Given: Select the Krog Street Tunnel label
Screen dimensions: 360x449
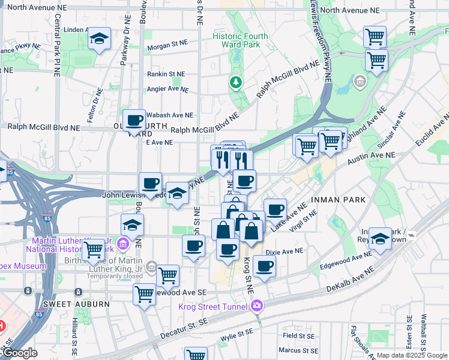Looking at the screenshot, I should [x=214, y=307].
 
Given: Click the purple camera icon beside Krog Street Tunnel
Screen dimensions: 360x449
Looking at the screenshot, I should [x=258, y=307].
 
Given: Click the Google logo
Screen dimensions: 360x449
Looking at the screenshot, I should [x=19, y=353].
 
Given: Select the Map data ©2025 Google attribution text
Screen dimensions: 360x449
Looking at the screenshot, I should [x=411, y=355].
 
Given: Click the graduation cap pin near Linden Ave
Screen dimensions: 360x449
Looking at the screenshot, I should [x=99, y=40].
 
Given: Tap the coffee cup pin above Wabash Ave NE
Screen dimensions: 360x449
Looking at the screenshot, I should [x=134, y=119].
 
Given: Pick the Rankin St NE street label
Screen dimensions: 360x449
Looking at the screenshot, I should [x=166, y=74].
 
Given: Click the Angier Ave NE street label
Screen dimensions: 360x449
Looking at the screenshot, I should [x=168, y=89].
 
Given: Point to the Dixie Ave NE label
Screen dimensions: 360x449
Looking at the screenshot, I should [x=285, y=251].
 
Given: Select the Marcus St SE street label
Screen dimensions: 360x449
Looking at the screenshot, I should [x=298, y=350].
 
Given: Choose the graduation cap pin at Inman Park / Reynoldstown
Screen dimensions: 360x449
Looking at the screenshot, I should [x=380, y=238].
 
